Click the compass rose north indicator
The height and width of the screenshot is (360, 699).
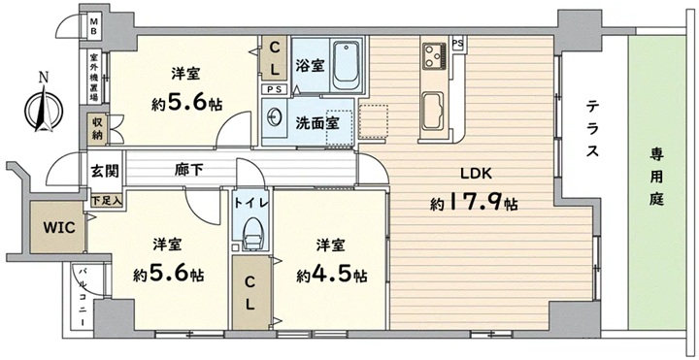click(44, 107)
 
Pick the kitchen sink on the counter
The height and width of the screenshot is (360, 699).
click(432, 110)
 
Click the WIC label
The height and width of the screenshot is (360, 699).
click(58, 227)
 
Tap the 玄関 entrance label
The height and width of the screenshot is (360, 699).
click(105, 171)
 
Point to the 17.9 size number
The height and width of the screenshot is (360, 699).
click(474, 204)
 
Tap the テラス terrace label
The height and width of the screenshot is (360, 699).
click(591, 129)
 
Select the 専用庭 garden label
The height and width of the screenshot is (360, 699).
click(656, 178)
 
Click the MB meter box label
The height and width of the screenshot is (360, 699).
click(95, 26)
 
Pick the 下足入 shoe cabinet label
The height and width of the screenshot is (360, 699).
click(106, 201)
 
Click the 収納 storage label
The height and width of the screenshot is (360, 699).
click(98, 129)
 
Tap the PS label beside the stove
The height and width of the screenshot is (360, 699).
click(457, 44)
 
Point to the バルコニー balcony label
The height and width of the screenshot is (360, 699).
click(83, 297)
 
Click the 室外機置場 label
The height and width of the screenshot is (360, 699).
click(93, 78)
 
